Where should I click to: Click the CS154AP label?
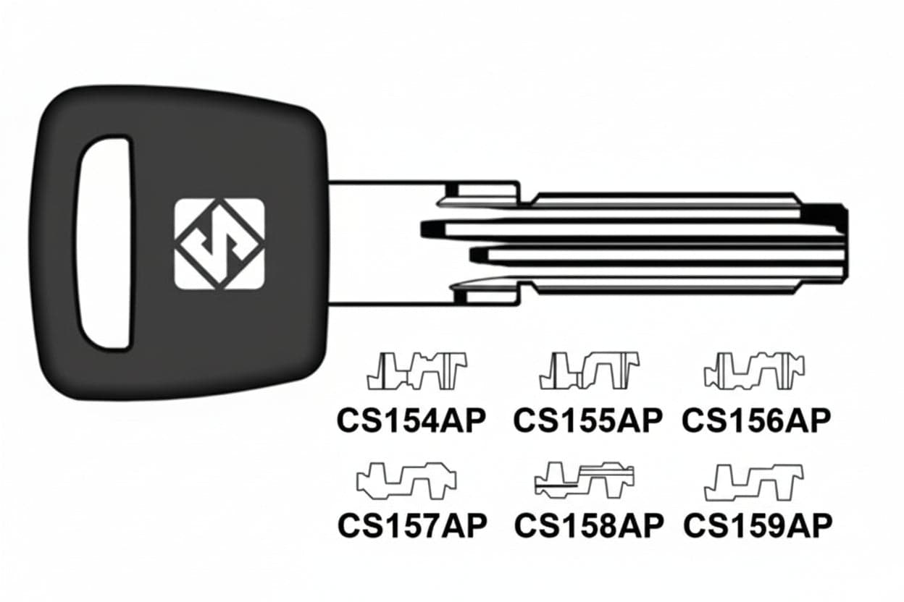411,421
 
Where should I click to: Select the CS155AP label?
588,421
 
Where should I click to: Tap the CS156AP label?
756,421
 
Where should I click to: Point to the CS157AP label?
412,526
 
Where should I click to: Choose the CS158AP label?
589,526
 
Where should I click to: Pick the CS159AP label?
758,526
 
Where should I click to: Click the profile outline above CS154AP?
417,371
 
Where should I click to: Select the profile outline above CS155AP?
589,370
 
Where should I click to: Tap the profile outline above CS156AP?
754,371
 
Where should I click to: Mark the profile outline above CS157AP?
406,481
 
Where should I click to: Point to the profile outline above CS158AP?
585,480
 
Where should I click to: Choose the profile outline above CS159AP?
754,483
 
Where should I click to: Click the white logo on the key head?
219,244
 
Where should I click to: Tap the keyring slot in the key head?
105,243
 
